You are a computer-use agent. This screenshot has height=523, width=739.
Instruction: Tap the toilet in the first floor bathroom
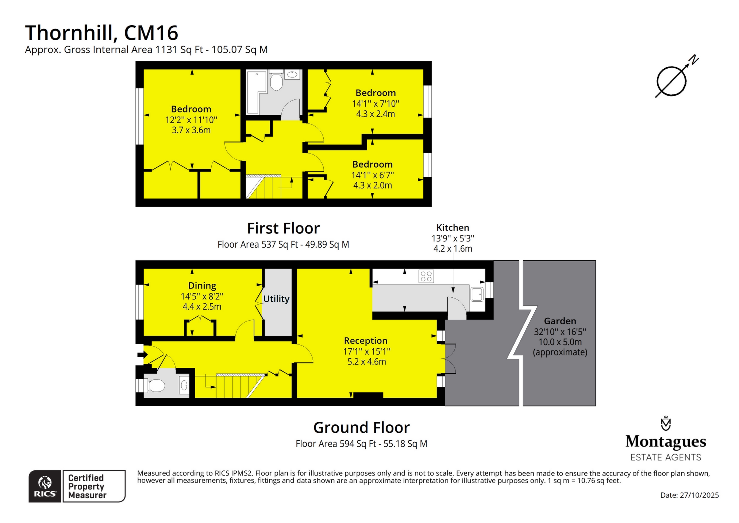[276, 81]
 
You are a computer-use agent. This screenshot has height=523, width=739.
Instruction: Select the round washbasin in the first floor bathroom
[292, 75]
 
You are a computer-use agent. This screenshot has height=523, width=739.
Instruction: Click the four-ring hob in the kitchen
[426, 276]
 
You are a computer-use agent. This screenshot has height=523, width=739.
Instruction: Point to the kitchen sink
[477, 294]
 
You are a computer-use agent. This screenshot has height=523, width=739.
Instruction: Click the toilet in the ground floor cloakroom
[156, 386]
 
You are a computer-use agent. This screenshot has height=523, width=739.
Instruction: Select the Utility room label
[276, 299]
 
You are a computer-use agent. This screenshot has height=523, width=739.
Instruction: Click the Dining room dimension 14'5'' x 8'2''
[202, 296]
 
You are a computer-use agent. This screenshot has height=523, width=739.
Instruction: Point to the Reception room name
[366, 341]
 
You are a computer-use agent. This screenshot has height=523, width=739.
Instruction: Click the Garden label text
[560, 321]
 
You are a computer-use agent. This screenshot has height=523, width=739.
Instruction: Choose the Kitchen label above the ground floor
[453, 228]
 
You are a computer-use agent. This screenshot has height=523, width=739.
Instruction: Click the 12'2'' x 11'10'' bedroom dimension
[191, 120]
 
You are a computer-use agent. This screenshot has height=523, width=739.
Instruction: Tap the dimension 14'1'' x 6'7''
[373, 175]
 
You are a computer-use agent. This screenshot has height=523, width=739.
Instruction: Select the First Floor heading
[283, 229]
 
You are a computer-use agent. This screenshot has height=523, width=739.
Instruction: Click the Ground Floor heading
[361, 428]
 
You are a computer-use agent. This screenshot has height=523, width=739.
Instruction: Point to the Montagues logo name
[666, 442]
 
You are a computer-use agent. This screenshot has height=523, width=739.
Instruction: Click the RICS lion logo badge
[45, 486]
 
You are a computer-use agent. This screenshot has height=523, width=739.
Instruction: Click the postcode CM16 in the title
[151, 33]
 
